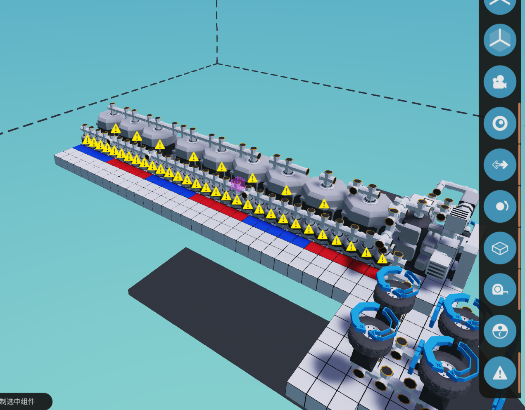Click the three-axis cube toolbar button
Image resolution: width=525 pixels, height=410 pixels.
500,40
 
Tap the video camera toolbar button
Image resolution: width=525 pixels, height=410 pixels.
500,82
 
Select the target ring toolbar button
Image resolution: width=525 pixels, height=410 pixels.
500,123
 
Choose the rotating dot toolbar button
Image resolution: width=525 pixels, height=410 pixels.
500,207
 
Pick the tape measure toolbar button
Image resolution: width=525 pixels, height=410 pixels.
500,290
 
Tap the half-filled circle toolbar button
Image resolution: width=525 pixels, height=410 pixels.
500,331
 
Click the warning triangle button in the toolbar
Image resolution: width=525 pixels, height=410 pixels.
500,373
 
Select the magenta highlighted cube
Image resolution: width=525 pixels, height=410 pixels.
238,184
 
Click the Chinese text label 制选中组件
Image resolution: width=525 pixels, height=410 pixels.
17,402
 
